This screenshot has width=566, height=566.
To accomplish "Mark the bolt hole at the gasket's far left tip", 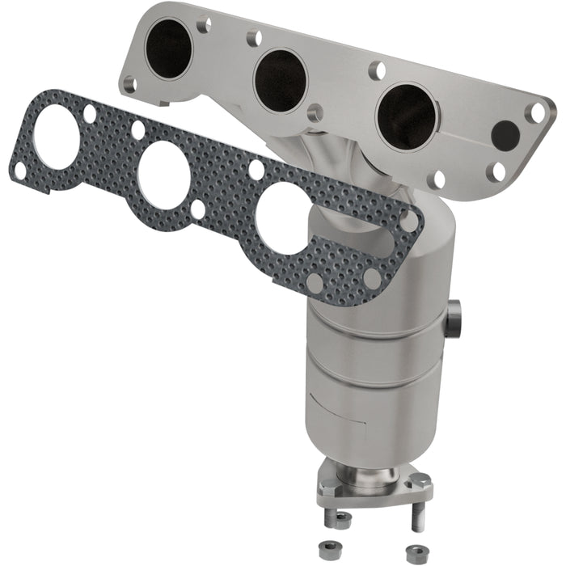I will click(x=19, y=170).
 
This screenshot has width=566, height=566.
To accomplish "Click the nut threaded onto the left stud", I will click(x=343, y=517).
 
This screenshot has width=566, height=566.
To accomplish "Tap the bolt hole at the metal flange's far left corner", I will click(x=129, y=82).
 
